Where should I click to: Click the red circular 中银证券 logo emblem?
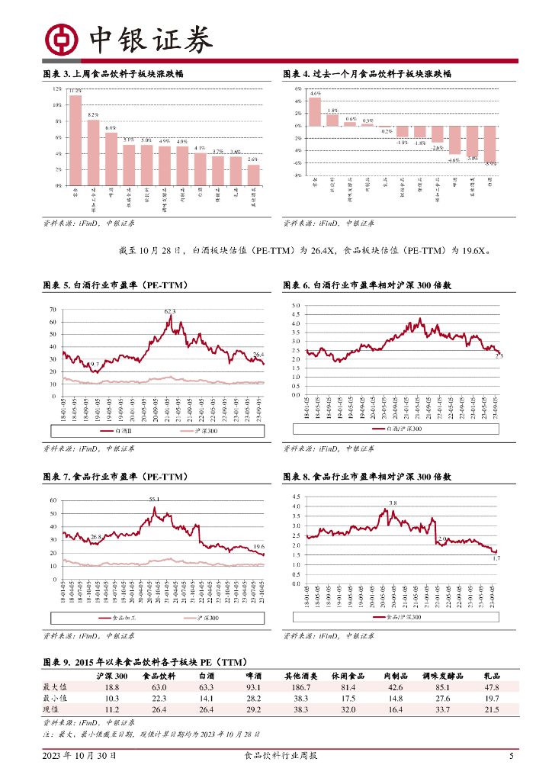pos(60,39)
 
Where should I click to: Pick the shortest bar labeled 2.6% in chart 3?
pos(253,175)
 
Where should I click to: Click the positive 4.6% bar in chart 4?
pos(315,111)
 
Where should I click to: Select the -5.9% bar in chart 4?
pos(490,143)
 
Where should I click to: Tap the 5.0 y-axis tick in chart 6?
pos(297,305)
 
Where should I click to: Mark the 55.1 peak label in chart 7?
pos(154,499)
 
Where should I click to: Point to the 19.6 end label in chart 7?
pos(258,546)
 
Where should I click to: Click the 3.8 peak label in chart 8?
pos(393,503)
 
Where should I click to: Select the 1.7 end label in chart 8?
pos(496,559)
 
